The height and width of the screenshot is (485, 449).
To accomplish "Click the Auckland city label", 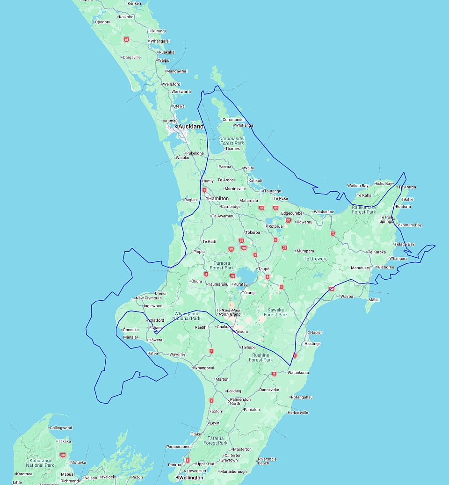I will pyautogui.click(x=191, y=126).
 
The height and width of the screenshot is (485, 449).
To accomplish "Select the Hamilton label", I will pyautogui.click(x=218, y=198).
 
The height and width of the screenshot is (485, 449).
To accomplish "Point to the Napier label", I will pyautogui.click(x=316, y=333).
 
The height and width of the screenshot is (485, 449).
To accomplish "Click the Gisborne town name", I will pyautogui.click(x=386, y=267).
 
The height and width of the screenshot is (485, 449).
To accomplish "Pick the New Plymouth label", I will pyautogui.click(x=149, y=298).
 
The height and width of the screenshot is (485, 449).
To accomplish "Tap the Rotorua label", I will pyautogui.click(x=275, y=226).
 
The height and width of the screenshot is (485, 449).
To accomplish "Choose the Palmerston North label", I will pyautogui.click(x=240, y=401).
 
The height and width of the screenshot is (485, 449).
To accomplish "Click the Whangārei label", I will pyautogui.click(x=159, y=41).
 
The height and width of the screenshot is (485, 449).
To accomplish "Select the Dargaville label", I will pyautogui.click(x=131, y=57).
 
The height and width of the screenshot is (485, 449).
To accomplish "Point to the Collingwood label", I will pyautogui.click(x=61, y=427).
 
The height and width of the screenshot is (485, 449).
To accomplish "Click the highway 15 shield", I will pyautogui.click(x=126, y=40).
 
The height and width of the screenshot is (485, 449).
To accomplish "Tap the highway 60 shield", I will pyautogui.click(x=63, y=455).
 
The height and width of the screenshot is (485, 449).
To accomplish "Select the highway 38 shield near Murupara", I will pyautogui.click(x=284, y=247).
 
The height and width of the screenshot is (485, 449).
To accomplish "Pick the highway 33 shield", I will pyautogui.click(x=276, y=208).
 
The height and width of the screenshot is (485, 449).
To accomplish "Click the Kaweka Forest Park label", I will pyautogui.click(x=276, y=312).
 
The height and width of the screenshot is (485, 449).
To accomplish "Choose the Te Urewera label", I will pyautogui.click(x=316, y=259).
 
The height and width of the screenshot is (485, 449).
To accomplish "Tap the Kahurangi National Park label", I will pyautogui.click(x=41, y=463).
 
